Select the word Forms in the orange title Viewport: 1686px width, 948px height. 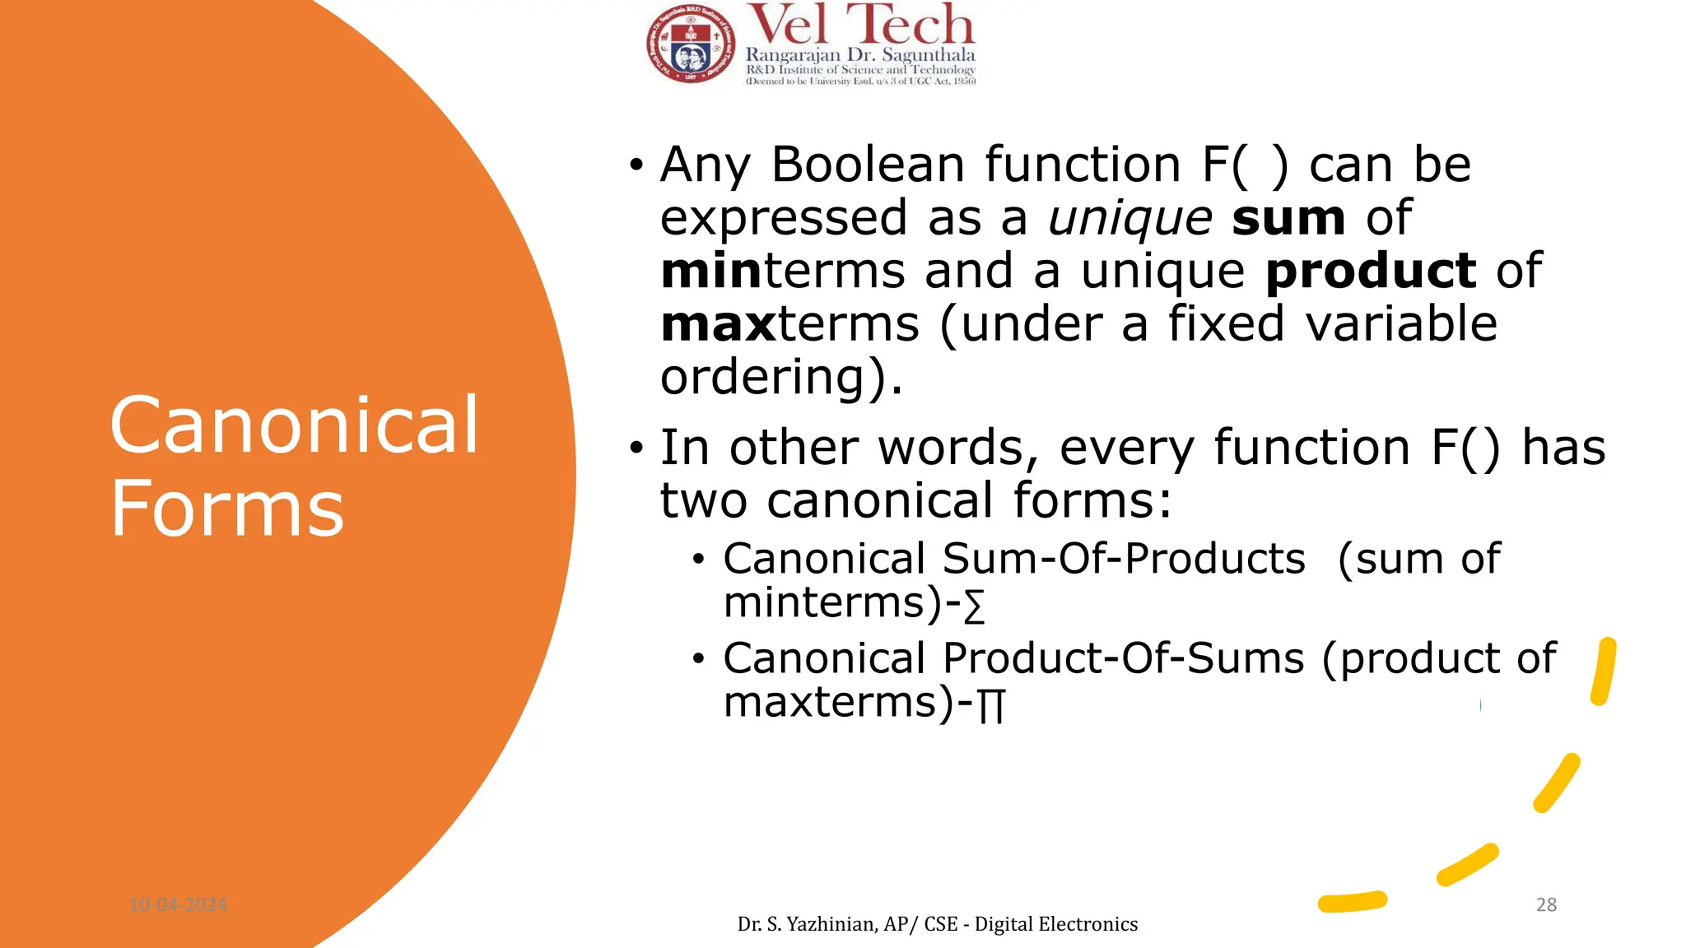point(227,509)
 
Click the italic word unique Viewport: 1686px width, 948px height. point(1129,218)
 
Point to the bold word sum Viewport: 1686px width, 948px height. point(1288,218)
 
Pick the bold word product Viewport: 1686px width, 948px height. point(1371,271)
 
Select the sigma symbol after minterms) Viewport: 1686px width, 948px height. point(974,607)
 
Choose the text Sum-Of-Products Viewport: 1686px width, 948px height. point(1124,559)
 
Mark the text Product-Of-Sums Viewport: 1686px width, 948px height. point(1124,658)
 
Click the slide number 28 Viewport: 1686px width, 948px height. point(1546,904)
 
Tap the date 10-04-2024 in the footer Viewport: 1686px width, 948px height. point(178,905)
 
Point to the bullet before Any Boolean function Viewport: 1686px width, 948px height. point(636,165)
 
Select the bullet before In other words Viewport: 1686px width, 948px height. point(636,448)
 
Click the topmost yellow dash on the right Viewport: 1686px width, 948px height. point(1603,671)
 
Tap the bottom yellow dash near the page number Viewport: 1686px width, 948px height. point(1352,902)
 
